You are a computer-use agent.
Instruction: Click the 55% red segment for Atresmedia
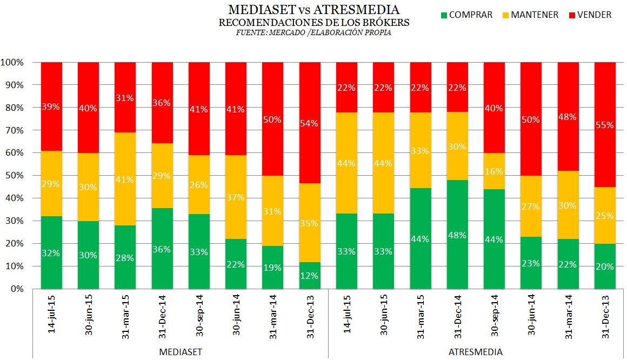605,124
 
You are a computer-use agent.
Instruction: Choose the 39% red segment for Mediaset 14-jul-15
51,106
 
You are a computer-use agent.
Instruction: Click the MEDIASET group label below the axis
181,352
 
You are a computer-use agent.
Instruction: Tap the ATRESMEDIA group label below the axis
475,352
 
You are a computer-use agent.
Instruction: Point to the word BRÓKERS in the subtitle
387,23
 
